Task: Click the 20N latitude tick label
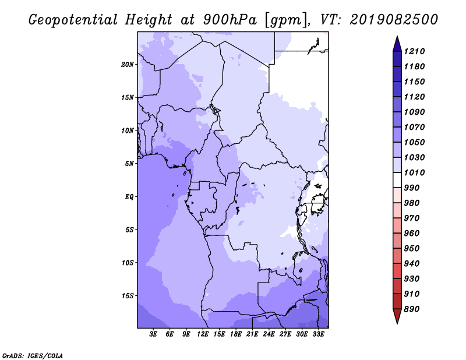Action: [x=128, y=65]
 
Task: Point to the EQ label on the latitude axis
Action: [x=129, y=197]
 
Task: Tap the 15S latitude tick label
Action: [x=128, y=296]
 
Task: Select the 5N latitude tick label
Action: [x=129, y=164]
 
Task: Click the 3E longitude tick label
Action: [x=153, y=334]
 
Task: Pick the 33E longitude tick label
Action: [x=318, y=334]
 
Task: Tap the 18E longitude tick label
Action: [x=236, y=334]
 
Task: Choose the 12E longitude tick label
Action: [x=203, y=334]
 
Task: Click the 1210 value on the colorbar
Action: [x=414, y=51]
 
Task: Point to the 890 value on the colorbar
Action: [x=412, y=309]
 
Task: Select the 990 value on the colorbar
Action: [x=412, y=188]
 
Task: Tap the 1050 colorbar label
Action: [x=414, y=142]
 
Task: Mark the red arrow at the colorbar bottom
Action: [x=397, y=316]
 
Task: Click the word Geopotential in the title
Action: [x=73, y=20]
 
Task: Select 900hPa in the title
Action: [x=230, y=20]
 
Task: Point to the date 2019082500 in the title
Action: [x=394, y=20]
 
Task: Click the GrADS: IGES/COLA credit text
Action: [x=33, y=355]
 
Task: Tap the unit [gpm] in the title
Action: [x=287, y=20]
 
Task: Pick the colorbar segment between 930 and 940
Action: [x=397, y=271]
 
